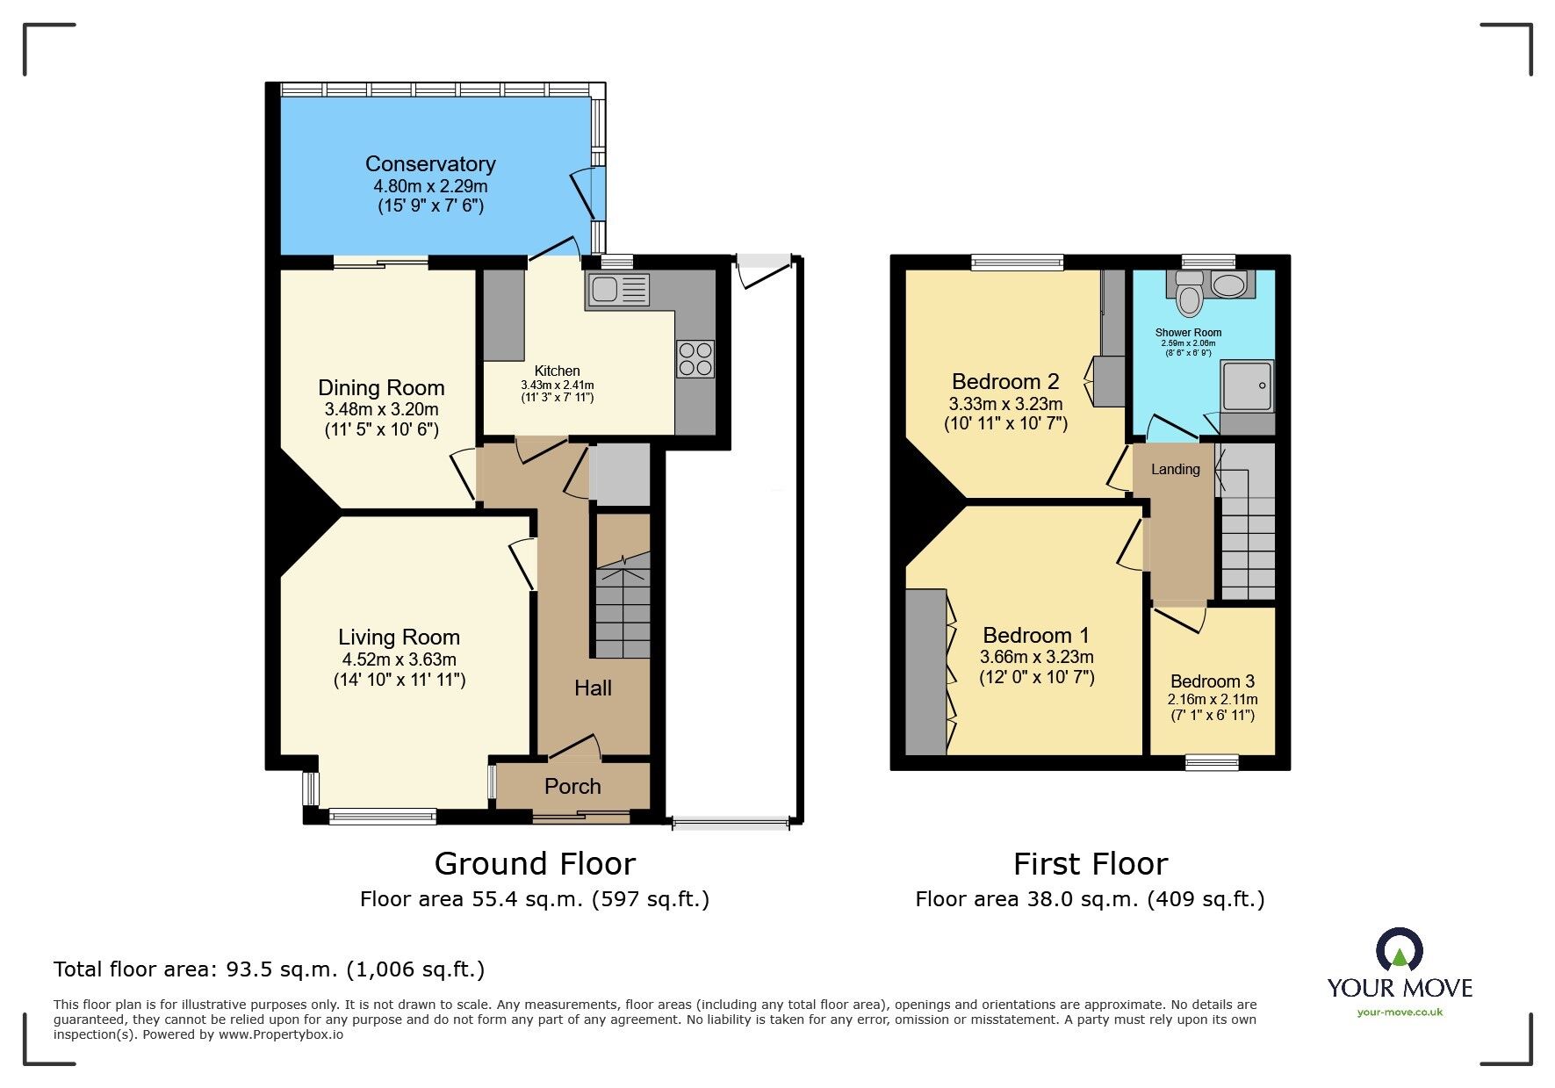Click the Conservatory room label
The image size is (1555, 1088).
tap(430, 164)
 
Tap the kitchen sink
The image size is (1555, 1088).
tap(618, 291)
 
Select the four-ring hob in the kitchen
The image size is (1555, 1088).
tap(695, 359)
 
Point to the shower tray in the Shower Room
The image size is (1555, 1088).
tap(1246, 385)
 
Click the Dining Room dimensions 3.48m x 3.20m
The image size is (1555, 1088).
tap(381, 409)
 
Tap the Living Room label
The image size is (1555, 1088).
tap(399, 637)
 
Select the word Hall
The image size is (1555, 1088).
tap(593, 688)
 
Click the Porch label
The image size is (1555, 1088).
tap(572, 786)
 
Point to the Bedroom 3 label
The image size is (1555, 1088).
tap(1212, 681)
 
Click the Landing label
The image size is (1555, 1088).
tap(1175, 469)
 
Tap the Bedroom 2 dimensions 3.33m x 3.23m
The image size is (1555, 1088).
tap(1005, 404)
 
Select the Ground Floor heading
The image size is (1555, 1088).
tap(534, 864)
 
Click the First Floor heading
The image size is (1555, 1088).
tap(1090, 864)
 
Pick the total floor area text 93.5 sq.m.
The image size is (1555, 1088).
tap(269, 969)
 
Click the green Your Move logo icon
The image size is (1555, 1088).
tap(1399, 951)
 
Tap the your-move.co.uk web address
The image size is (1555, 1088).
tap(1400, 1012)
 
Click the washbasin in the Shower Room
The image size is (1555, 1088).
tap(1228, 284)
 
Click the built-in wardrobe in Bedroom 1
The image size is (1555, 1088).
tap(925, 673)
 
